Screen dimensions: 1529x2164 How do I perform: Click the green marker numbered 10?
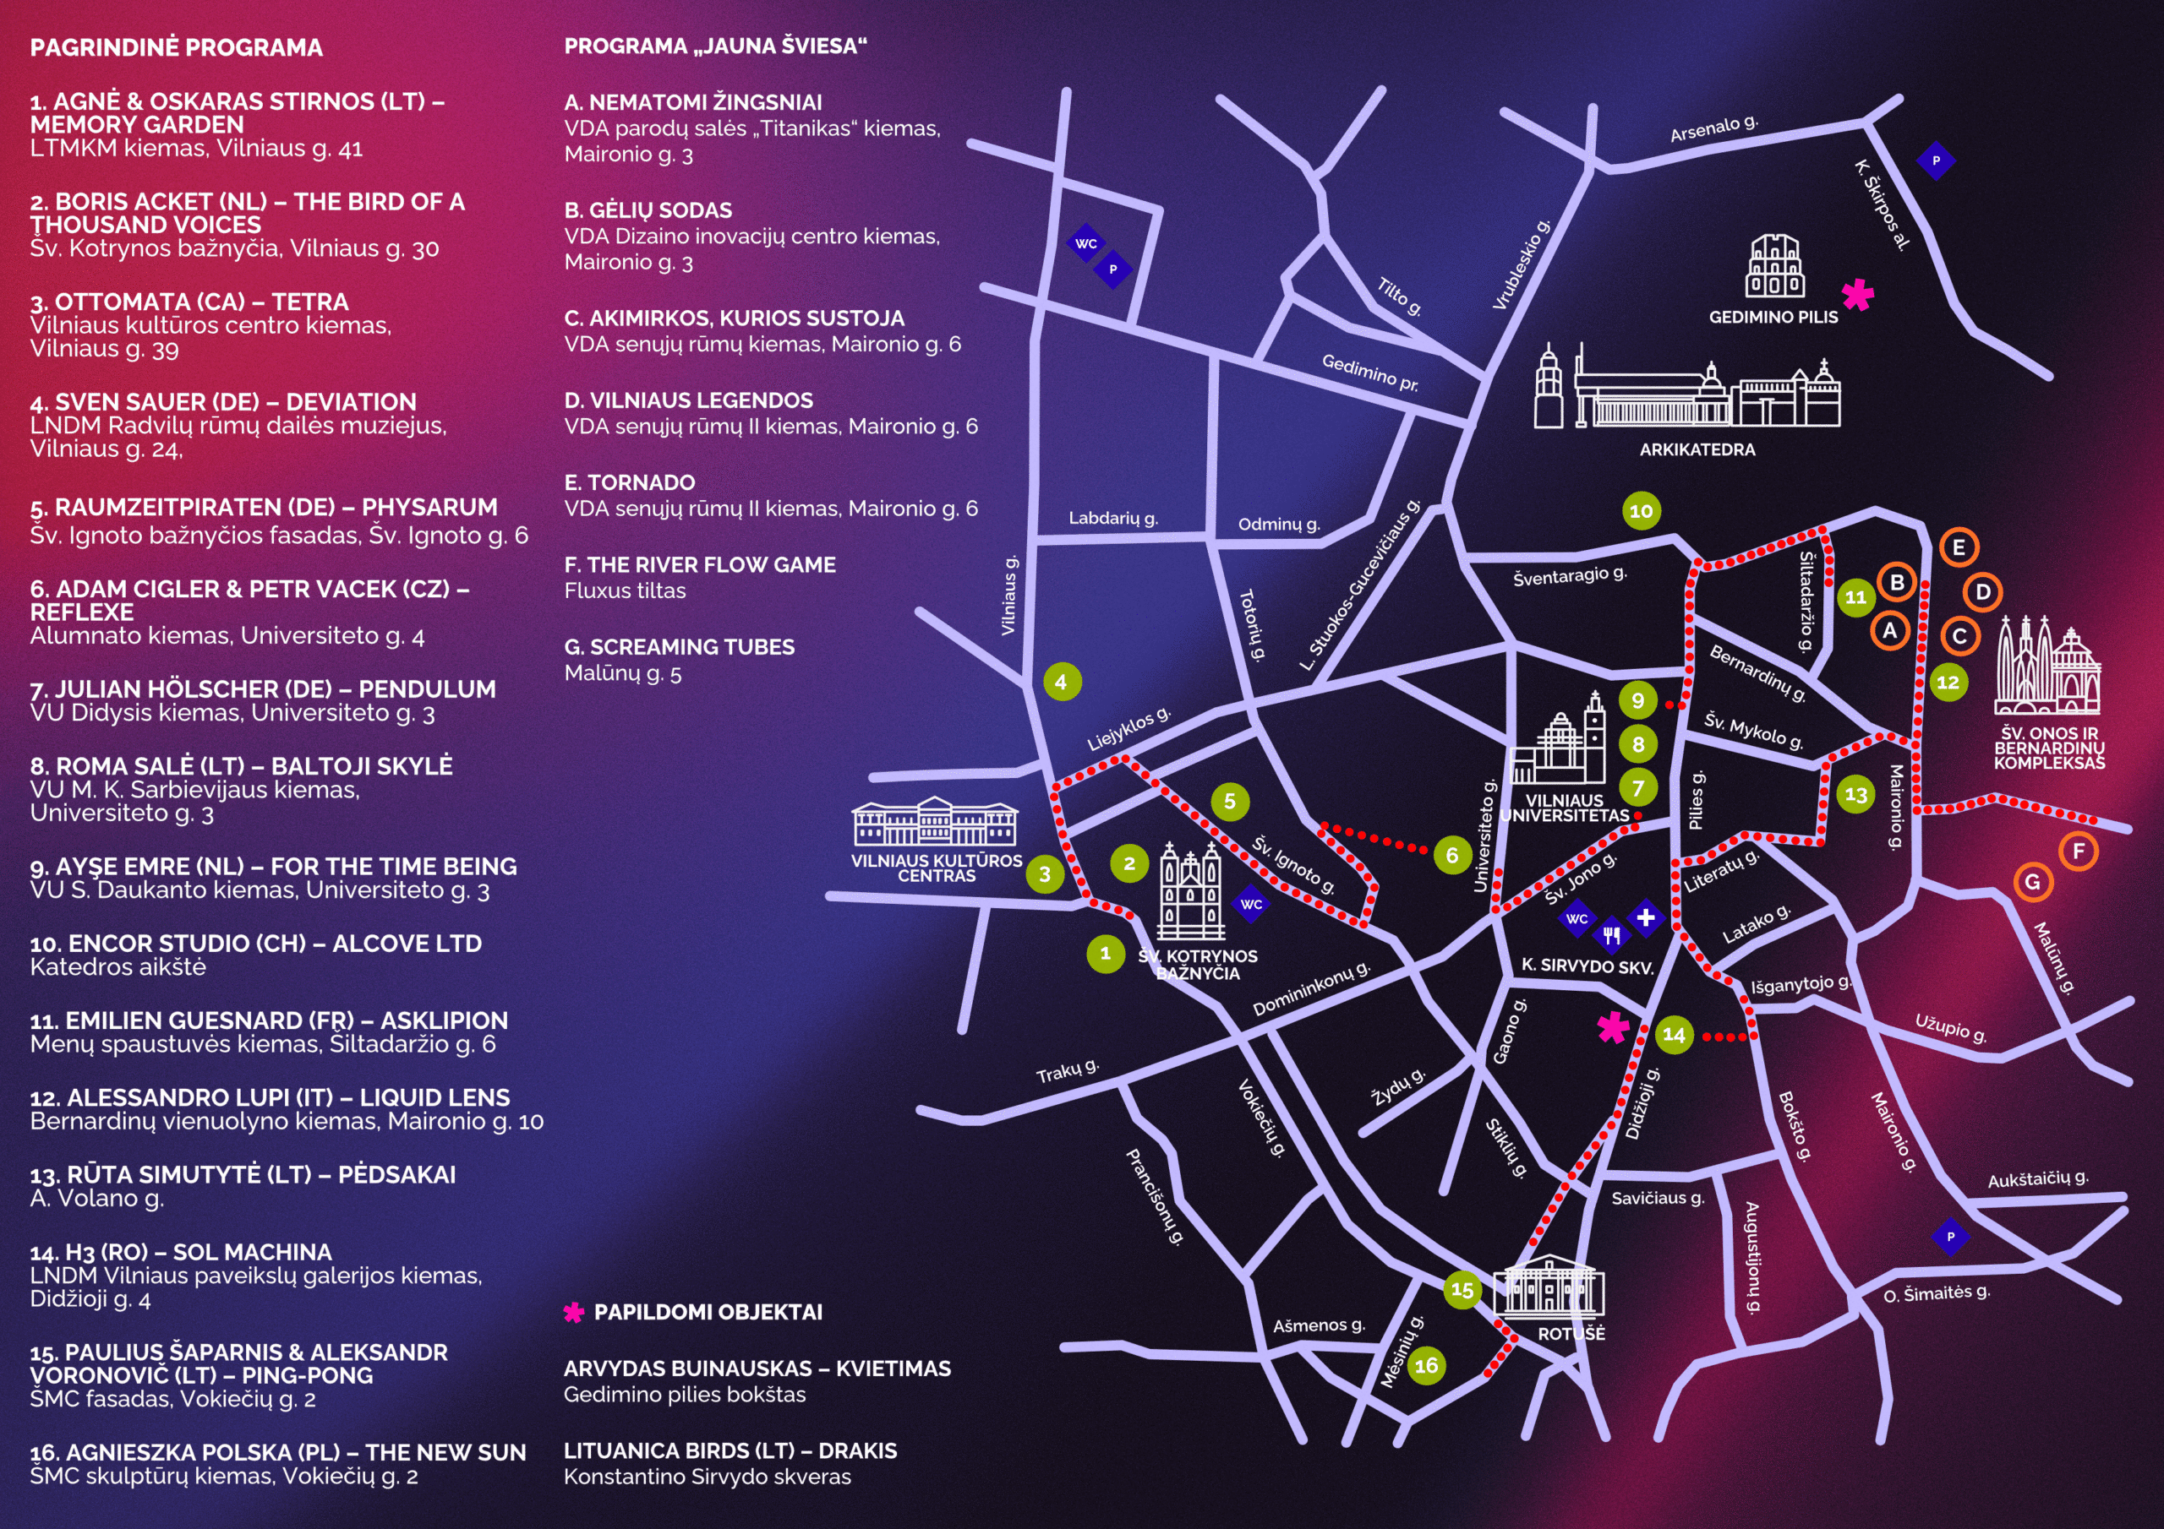pyautogui.click(x=1641, y=510)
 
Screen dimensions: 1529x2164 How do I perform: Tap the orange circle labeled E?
pyautogui.click(x=1959, y=547)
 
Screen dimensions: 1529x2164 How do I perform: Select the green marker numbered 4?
pyautogui.click(x=1061, y=681)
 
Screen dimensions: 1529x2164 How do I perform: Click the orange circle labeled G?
pyautogui.click(x=2032, y=882)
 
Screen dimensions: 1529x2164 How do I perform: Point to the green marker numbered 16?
pyautogui.click(x=1426, y=1365)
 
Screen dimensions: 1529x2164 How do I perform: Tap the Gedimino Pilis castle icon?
pyautogui.click(x=1775, y=267)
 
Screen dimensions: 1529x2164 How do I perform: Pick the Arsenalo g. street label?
pyautogui.click(x=1713, y=128)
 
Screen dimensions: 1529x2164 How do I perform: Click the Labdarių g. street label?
pyautogui.click(x=1113, y=518)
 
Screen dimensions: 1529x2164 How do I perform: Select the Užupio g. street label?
pyautogui.click(x=1950, y=1027)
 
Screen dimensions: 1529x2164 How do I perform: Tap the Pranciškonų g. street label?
pyautogui.click(x=1155, y=1197)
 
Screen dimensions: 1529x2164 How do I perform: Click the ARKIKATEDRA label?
pyautogui.click(x=1697, y=449)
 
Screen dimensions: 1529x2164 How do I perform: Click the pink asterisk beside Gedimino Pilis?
pyautogui.click(x=1858, y=295)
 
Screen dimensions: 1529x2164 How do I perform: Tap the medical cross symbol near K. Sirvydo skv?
pyautogui.click(x=1646, y=917)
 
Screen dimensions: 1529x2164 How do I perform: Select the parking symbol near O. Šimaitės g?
pyautogui.click(x=1950, y=1236)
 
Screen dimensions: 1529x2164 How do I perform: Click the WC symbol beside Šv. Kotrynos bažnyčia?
pyautogui.click(x=1251, y=905)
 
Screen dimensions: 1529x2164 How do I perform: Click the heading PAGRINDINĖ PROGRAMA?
pyautogui.click(x=177, y=47)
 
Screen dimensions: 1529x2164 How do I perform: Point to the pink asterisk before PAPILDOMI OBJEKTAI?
pyautogui.click(x=573, y=1312)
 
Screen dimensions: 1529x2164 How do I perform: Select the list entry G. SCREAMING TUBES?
pyautogui.click(x=679, y=647)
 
